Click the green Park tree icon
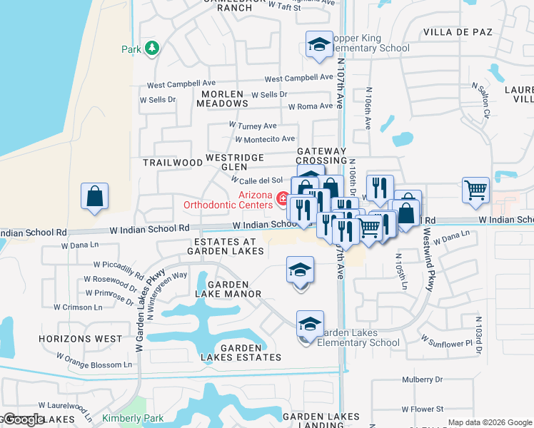point(151,49)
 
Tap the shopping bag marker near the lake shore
point(94,196)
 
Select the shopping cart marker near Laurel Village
point(475,190)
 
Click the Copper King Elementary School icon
point(318,44)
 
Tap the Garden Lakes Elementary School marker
point(310,325)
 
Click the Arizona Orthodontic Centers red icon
point(283,198)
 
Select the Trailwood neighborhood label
point(173,163)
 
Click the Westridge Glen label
point(235,161)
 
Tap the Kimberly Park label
point(133,419)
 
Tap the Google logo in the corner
point(23,419)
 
